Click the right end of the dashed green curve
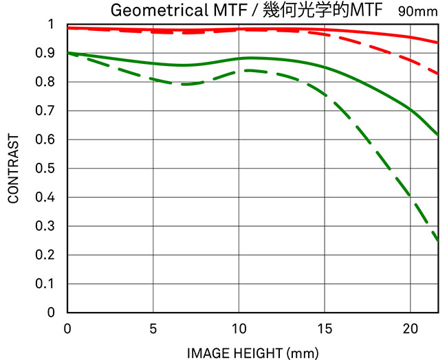[x=438, y=240]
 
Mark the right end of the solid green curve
[x=438, y=135]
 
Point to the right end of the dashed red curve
[x=438, y=74]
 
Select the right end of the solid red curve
[x=438, y=43]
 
